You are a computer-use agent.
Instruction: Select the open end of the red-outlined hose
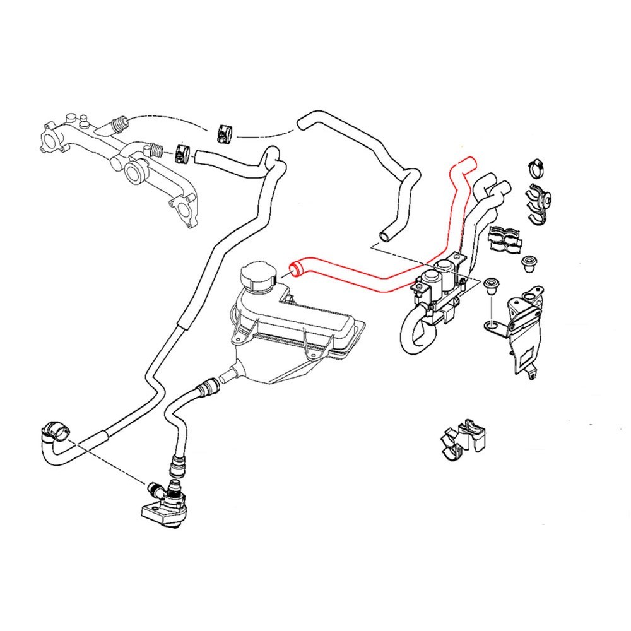tap(293, 270)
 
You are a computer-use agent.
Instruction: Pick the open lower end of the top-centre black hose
tap(384, 237)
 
